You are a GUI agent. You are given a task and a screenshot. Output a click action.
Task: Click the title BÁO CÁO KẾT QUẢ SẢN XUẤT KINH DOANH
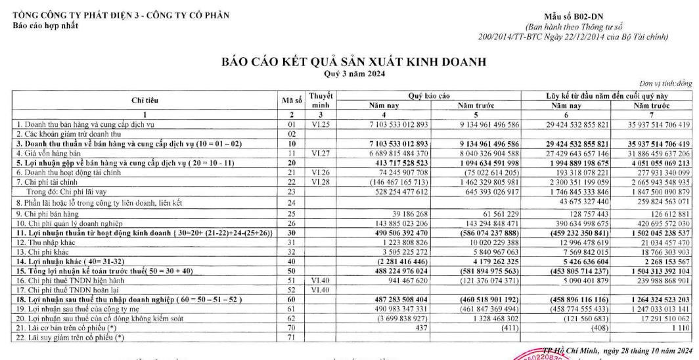pyautogui.click(x=348, y=63)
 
